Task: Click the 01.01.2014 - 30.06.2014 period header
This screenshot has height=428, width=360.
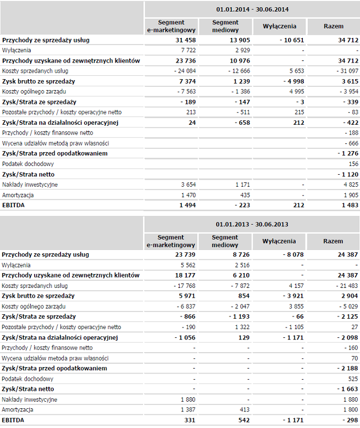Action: pos(252,9)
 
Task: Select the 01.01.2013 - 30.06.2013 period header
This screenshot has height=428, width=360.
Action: pos(252,224)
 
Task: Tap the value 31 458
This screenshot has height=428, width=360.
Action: pos(186,40)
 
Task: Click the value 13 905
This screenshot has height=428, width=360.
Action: pos(240,40)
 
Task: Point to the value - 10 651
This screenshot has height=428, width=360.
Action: pos(292,40)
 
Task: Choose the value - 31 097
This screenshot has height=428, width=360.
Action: pos(347,71)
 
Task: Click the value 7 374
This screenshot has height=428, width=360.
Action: pos(187,81)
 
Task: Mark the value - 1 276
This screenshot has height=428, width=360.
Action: pos(348,153)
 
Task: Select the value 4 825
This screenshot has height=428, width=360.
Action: pos(351,185)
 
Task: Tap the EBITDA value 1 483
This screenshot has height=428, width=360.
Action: pos(350,205)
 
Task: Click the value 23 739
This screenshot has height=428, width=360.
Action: pos(185,255)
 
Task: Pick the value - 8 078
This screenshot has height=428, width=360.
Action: pos(293,255)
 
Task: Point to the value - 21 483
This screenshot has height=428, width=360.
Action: pos(347,286)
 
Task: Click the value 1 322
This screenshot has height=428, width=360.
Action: pos(242,327)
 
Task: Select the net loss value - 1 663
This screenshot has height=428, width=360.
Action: pos(347,389)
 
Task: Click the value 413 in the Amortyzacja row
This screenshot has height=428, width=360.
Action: pos(245,409)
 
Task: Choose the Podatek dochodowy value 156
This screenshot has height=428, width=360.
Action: pos(353,164)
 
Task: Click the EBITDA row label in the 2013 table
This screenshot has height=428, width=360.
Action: pos(13,420)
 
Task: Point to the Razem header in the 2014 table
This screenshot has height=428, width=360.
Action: pos(334,26)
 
